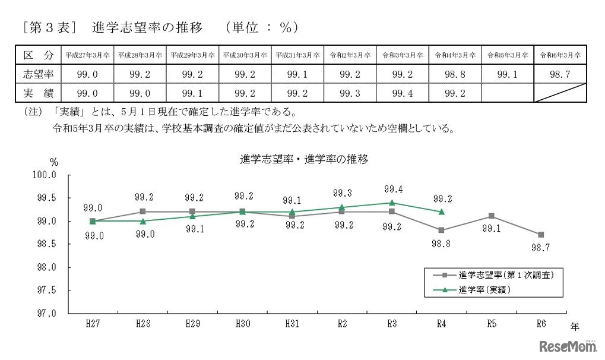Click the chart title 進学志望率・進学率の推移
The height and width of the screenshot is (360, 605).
click(303, 159)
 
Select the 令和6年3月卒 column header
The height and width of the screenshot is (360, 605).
click(560, 55)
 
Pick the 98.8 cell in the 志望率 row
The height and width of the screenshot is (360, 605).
click(455, 74)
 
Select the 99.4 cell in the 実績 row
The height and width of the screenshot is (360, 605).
click(402, 93)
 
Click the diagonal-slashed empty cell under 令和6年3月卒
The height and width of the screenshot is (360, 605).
click(560, 93)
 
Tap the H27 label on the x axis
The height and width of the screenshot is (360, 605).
click(93, 324)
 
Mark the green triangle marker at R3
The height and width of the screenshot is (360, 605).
click(392, 203)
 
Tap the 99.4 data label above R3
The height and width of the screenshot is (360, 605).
click(392, 190)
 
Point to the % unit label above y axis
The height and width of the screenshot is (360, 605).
click(54, 162)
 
